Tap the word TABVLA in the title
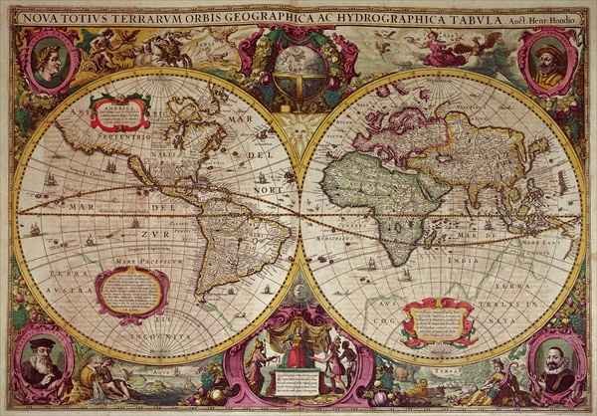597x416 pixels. pyautogui.click(x=474, y=12)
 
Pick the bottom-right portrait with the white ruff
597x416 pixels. pyautogui.click(x=552, y=359)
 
